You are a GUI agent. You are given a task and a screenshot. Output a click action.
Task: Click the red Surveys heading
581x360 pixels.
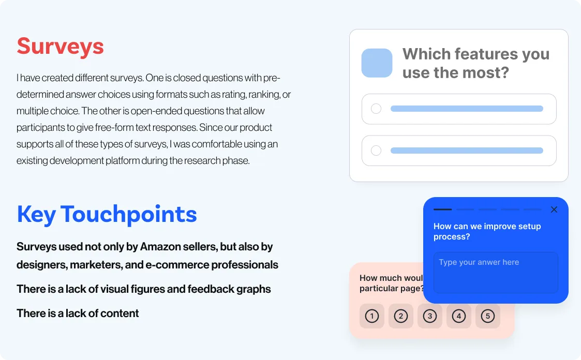point(60,47)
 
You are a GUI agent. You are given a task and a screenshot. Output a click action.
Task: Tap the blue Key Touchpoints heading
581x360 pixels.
point(107,215)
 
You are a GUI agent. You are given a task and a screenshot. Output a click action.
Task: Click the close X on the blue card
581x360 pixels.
point(554,209)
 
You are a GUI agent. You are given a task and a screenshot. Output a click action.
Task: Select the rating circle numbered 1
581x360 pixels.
point(371,316)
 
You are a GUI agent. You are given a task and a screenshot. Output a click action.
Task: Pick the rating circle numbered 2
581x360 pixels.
point(400,316)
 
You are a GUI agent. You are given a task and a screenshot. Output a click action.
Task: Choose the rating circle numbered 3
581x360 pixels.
point(430,316)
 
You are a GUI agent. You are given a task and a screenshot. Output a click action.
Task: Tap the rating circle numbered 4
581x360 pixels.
point(459,316)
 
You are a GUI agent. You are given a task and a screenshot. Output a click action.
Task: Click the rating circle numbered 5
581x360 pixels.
point(488,316)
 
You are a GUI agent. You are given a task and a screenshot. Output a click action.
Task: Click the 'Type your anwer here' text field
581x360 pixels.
point(496,273)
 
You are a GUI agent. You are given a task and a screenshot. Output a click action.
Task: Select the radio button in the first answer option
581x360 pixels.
point(376,109)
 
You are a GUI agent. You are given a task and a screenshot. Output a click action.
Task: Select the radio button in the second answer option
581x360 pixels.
point(376,151)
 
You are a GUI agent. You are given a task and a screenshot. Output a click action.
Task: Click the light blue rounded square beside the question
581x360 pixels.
point(377,63)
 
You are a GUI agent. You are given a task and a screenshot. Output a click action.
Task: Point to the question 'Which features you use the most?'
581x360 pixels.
point(476,63)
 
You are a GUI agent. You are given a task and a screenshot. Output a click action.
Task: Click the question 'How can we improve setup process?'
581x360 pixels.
point(487,232)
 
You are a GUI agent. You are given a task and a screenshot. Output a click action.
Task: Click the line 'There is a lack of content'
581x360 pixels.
point(78,313)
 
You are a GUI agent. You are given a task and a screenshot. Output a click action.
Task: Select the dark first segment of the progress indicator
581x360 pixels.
point(443,209)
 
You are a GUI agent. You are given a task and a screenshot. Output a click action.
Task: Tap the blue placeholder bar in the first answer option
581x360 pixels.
point(467,109)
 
